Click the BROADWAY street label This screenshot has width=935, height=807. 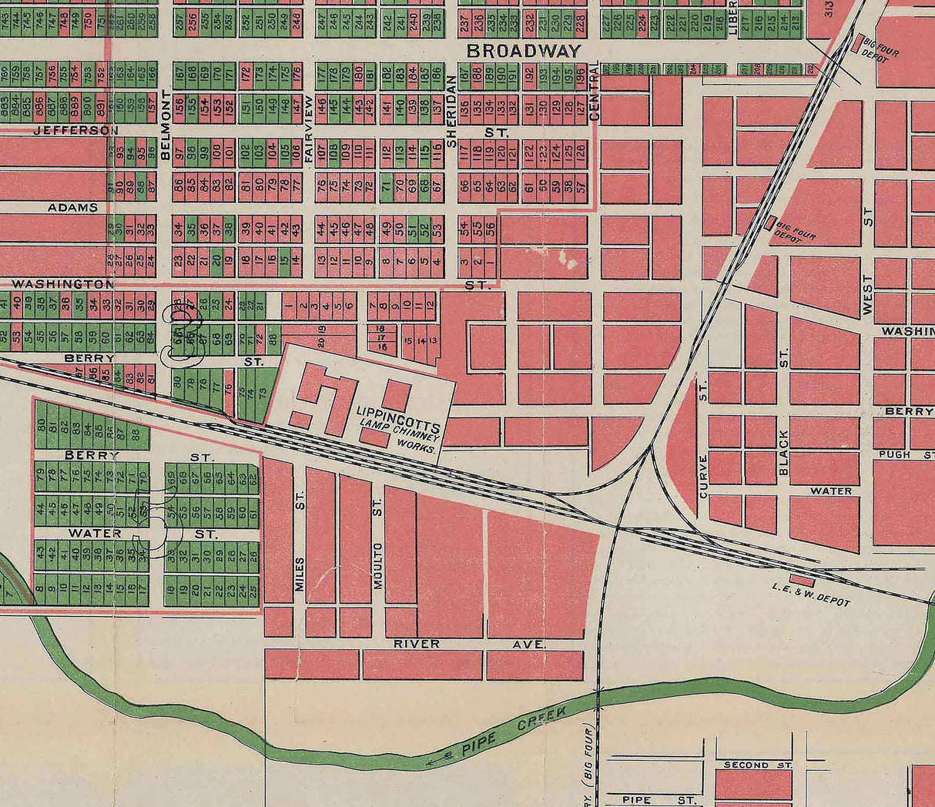coord(523,52)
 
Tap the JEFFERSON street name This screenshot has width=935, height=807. coord(75,131)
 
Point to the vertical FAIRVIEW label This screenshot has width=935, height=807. coord(308,128)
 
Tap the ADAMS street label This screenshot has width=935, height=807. coord(72,207)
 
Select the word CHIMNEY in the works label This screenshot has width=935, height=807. coord(417,436)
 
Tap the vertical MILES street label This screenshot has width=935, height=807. coord(300,574)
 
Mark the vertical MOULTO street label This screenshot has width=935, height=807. coord(378,565)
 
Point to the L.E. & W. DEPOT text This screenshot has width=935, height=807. coord(811,594)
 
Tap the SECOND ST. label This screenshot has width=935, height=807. coord(758,765)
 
